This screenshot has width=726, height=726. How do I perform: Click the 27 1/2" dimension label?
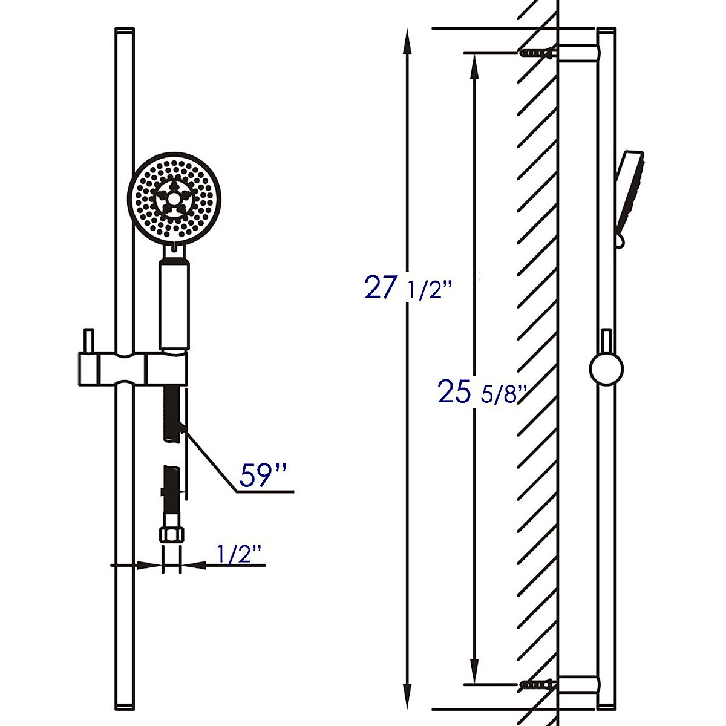tap(408, 288)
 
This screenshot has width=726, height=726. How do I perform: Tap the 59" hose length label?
tap(263, 475)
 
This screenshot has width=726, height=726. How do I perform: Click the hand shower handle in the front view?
tap(174, 305)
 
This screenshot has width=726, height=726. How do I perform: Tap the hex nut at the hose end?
tap(172, 535)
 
